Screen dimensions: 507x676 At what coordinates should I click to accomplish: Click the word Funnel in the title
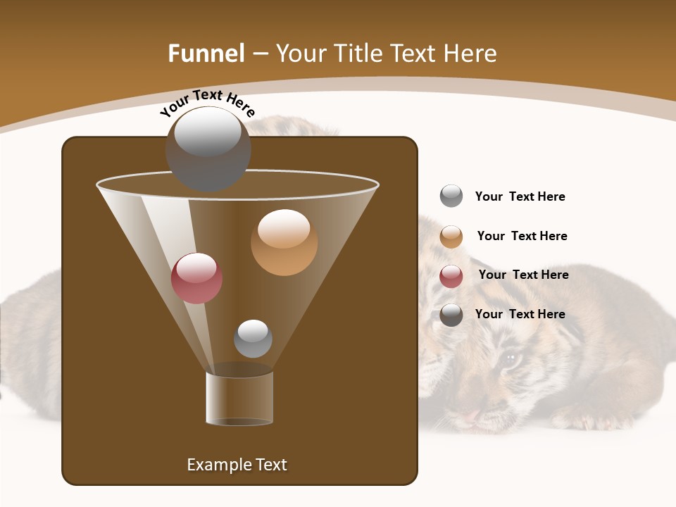coord(206,54)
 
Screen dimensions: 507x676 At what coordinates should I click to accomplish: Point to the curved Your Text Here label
coord(207,103)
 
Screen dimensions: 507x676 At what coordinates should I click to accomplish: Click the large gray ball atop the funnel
coord(208,148)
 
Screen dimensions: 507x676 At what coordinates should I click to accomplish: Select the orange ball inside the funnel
coord(284,242)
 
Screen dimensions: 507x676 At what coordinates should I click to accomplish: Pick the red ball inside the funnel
coord(196,278)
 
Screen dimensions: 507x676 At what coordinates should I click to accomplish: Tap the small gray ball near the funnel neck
coord(253,339)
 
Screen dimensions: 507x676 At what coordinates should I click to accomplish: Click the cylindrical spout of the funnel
coord(239,398)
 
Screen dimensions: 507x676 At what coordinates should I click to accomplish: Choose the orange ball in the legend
coord(451,237)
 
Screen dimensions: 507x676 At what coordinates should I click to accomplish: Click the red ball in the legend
coord(451,276)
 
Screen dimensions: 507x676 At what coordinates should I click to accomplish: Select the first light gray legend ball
coord(451,196)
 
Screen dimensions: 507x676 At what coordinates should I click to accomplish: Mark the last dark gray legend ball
coord(451,315)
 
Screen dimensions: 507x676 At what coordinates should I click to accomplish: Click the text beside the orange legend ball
coord(522,237)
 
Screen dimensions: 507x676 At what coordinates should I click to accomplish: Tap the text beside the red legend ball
coord(523,275)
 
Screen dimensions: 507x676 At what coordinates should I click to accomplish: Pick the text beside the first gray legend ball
coord(520,196)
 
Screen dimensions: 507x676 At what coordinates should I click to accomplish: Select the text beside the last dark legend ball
coord(520,314)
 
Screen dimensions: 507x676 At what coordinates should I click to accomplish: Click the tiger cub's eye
coord(510,360)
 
